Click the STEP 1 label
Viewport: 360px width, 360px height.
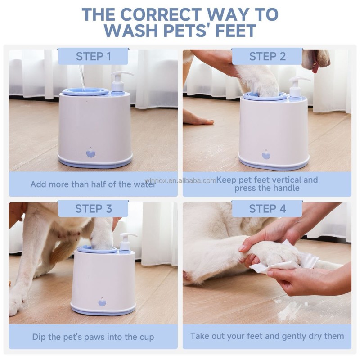pos(93,56)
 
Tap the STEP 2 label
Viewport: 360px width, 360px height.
pos(267,56)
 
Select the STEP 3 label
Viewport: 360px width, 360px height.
pos(93,209)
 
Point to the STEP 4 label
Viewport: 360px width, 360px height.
pos(267,209)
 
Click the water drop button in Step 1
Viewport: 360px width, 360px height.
pos(91,153)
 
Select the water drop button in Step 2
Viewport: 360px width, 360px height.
pos(266,154)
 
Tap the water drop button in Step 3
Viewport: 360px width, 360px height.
pos(102,301)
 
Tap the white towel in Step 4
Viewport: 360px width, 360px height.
pos(288,261)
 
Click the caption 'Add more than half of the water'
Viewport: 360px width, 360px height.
pos(93,184)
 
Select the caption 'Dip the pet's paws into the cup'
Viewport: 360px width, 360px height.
pos(93,337)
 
